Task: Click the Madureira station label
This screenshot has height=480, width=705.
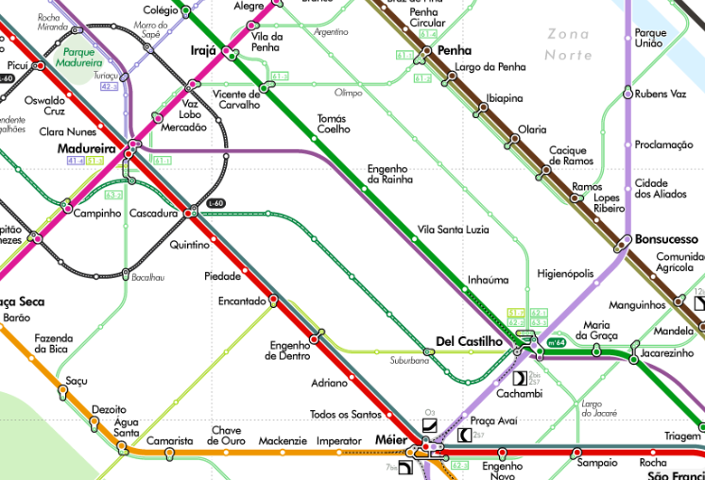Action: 86,149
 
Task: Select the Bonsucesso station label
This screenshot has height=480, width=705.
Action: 667,239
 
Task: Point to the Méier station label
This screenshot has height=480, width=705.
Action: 390,440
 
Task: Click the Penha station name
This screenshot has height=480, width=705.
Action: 456,50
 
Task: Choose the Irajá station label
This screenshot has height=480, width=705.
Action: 204,50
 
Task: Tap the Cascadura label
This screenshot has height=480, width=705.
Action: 153,214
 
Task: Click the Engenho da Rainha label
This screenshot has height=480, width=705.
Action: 387,174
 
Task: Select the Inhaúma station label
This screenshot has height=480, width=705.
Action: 488,280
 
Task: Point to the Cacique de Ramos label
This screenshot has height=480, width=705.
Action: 568,155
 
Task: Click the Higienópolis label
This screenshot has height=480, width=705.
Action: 565,274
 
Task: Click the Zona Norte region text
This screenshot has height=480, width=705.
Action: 567,44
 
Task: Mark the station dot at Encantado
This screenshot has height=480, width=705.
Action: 274,300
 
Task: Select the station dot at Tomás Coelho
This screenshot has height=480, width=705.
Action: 315,140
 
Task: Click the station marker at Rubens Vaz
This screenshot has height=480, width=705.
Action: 628,94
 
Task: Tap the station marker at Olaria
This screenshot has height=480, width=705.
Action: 515,140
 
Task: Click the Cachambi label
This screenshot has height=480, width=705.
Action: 519,393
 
